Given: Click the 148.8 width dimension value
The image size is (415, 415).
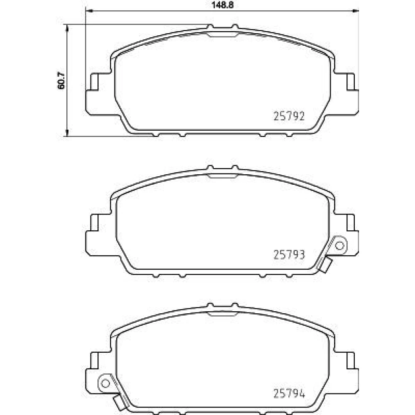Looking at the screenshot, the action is [x=222, y=5].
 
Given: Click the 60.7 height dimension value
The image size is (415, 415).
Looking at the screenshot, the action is [x=61, y=81].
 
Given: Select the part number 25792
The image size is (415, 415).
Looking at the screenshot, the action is [x=289, y=116].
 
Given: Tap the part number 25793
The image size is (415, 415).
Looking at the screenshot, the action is [x=289, y=255].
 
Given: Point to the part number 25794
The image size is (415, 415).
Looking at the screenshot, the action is [x=289, y=393].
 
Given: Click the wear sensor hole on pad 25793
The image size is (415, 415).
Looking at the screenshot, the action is [x=339, y=246].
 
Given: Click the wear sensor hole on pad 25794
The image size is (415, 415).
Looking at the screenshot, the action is [x=105, y=383].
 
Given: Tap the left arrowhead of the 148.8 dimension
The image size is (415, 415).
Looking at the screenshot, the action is [x=89, y=11].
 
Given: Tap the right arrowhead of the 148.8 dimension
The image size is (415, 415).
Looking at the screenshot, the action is [x=356, y=11].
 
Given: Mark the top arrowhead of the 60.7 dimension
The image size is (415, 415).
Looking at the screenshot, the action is [x=67, y=28].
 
